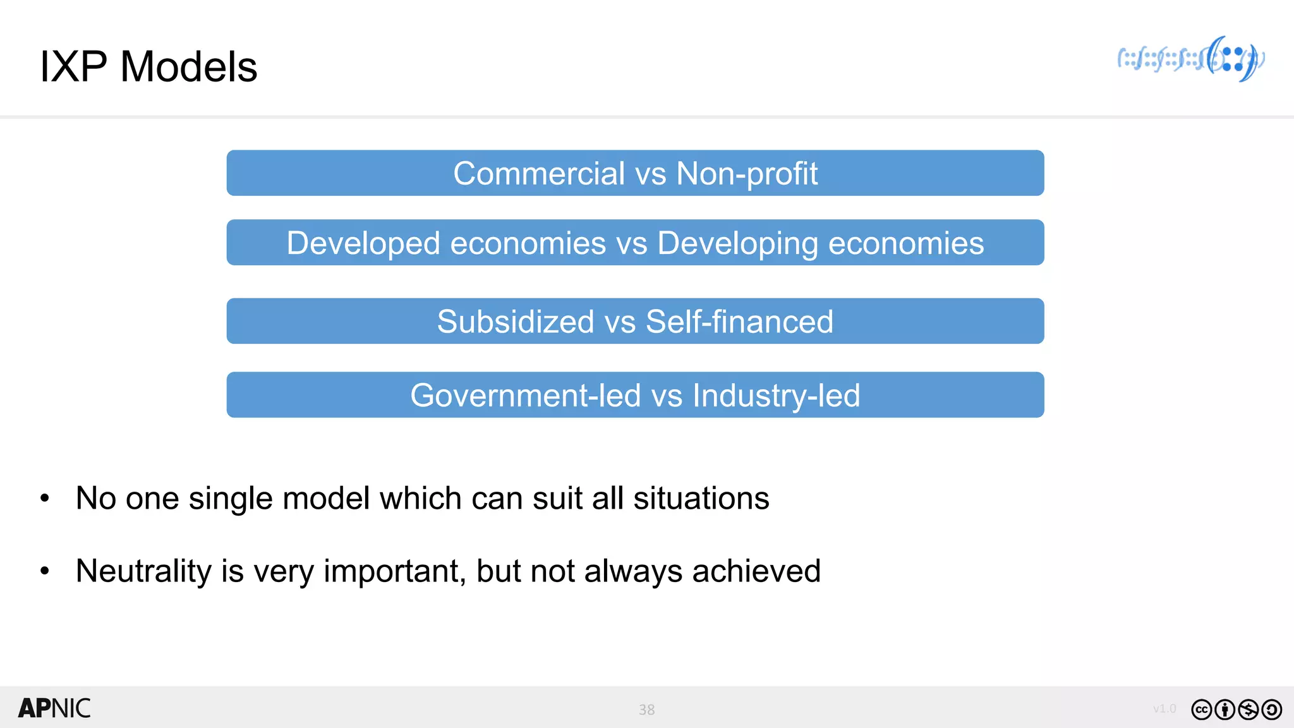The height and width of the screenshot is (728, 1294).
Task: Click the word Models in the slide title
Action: [x=188, y=66]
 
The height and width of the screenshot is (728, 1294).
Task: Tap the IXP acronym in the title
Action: [x=73, y=66]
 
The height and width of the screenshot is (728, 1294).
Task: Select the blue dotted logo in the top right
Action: [x=1191, y=59]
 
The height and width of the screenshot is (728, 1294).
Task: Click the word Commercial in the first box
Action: [x=539, y=173]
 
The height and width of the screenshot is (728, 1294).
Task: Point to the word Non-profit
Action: [x=747, y=173]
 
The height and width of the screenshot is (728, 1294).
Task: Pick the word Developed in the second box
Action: [x=363, y=243]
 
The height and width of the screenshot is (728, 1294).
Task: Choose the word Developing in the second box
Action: [x=737, y=243]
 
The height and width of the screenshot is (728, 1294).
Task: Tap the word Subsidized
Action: [x=516, y=322]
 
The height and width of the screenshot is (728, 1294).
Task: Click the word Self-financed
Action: [x=739, y=322]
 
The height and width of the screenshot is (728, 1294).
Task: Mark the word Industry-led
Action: [x=776, y=396]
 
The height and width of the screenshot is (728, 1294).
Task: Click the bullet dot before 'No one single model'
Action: [x=44, y=498]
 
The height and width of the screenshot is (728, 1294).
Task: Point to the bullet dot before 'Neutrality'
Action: [x=44, y=571]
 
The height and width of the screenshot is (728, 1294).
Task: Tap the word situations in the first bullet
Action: [x=701, y=498]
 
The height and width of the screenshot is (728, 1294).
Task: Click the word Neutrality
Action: [x=143, y=571]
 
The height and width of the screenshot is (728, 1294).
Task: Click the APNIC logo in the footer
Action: [x=54, y=708]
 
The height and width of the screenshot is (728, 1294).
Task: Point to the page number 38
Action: [x=646, y=710]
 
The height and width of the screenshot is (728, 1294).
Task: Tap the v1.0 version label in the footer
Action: [x=1164, y=708]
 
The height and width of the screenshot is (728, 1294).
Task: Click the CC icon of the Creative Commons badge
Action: [x=1202, y=710]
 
